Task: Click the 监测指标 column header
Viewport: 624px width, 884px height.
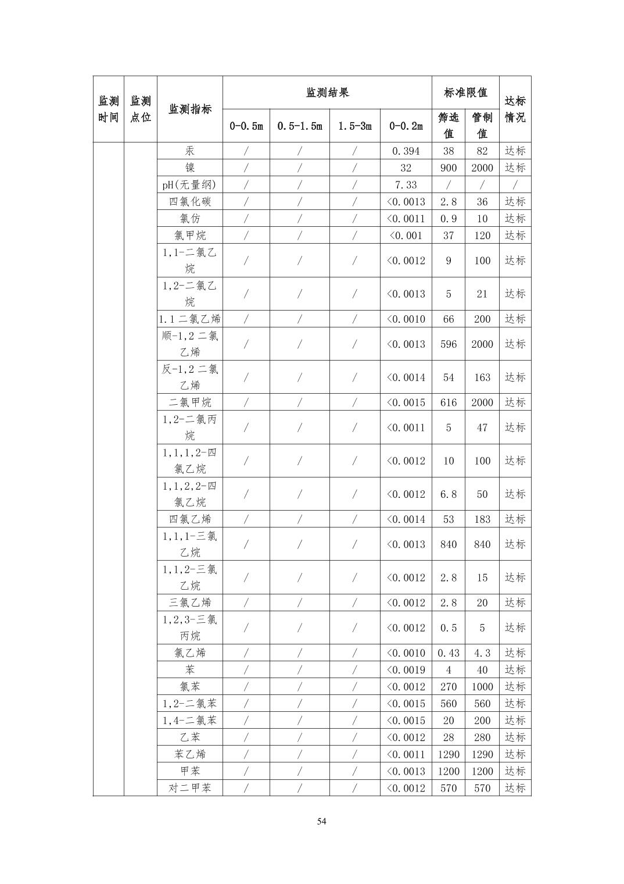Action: [190, 109]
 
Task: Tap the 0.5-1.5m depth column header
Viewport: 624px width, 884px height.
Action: [299, 126]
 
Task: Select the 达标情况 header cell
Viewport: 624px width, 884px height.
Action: [515, 109]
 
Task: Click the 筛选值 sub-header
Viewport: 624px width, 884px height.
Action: [448, 126]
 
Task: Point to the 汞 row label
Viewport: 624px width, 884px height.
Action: [190, 151]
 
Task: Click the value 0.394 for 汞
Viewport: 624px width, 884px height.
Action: [406, 151]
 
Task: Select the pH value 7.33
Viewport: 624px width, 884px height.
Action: [406, 185]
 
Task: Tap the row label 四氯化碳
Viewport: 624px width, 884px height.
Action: [190, 202]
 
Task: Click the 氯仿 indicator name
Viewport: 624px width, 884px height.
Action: [190, 219]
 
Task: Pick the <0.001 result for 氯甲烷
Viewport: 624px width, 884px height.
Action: [406, 236]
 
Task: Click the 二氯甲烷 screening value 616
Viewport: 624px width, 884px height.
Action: [448, 402]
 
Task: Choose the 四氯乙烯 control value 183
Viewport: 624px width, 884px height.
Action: [482, 519]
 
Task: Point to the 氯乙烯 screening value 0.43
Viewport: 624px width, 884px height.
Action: [448, 653]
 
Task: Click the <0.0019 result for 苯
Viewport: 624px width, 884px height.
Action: [406, 670]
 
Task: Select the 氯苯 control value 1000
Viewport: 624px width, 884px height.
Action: [482, 687]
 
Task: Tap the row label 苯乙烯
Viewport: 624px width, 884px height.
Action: [190, 754]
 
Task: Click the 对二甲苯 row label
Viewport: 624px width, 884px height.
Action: [190, 788]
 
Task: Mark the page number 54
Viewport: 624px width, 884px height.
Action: [322, 822]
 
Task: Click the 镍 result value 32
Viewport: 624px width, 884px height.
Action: [406, 168]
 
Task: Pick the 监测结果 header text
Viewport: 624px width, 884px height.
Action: [327, 92]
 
